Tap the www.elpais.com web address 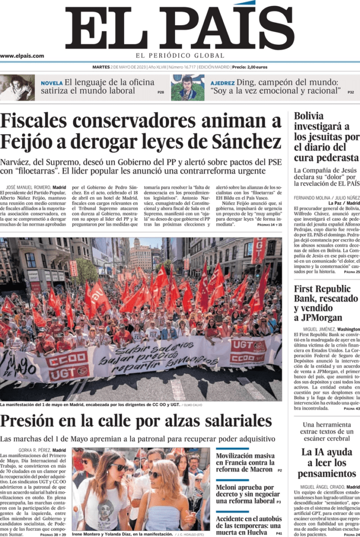(x=22, y=56)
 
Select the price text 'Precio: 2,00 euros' (x=249, y=67)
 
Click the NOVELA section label (x=51, y=83)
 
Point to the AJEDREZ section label (x=222, y=83)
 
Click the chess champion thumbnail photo (x=188, y=87)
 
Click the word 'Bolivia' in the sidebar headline (x=309, y=116)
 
